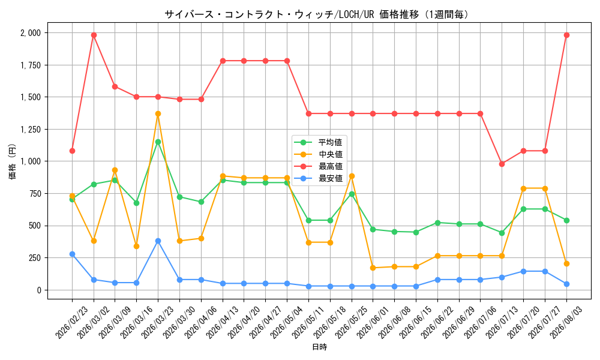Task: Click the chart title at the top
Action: pos(317,14)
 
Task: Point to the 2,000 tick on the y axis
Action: pos(31,33)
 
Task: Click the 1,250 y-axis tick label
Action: pos(31,130)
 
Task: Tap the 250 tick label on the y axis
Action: pos(34,258)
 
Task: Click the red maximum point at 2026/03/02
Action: pos(94,35)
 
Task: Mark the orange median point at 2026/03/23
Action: pos(158,113)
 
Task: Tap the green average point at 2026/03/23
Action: pos(158,142)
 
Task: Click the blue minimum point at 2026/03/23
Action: pos(158,241)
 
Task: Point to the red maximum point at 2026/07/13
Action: pos(502,164)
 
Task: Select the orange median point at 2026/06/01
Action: pos(373,268)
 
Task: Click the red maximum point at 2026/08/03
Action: pos(567,35)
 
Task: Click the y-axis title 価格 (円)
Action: pos(12,161)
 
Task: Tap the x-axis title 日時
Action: pos(320,347)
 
